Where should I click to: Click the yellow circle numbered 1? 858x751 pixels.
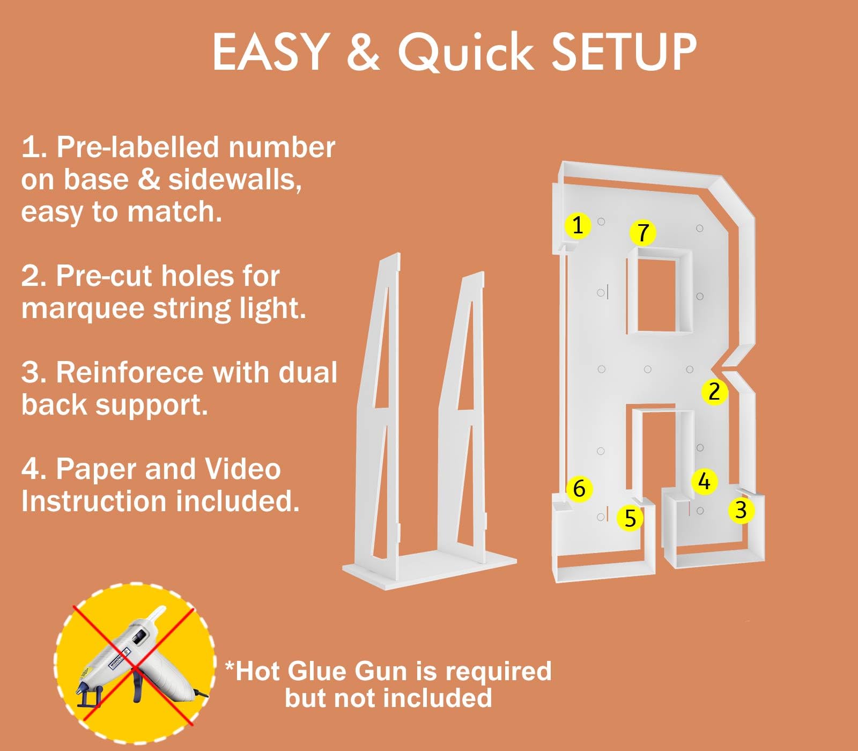point(578,225)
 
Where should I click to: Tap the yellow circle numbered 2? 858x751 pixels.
point(714,392)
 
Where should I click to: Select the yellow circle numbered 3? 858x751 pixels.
point(741,510)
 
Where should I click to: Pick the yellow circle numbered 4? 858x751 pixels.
point(704,481)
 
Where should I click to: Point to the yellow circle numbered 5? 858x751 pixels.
point(630,519)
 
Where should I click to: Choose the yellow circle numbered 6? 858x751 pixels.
point(579,489)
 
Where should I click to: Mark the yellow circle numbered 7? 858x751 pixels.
point(643,233)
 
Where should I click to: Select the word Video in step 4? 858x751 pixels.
point(243,469)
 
